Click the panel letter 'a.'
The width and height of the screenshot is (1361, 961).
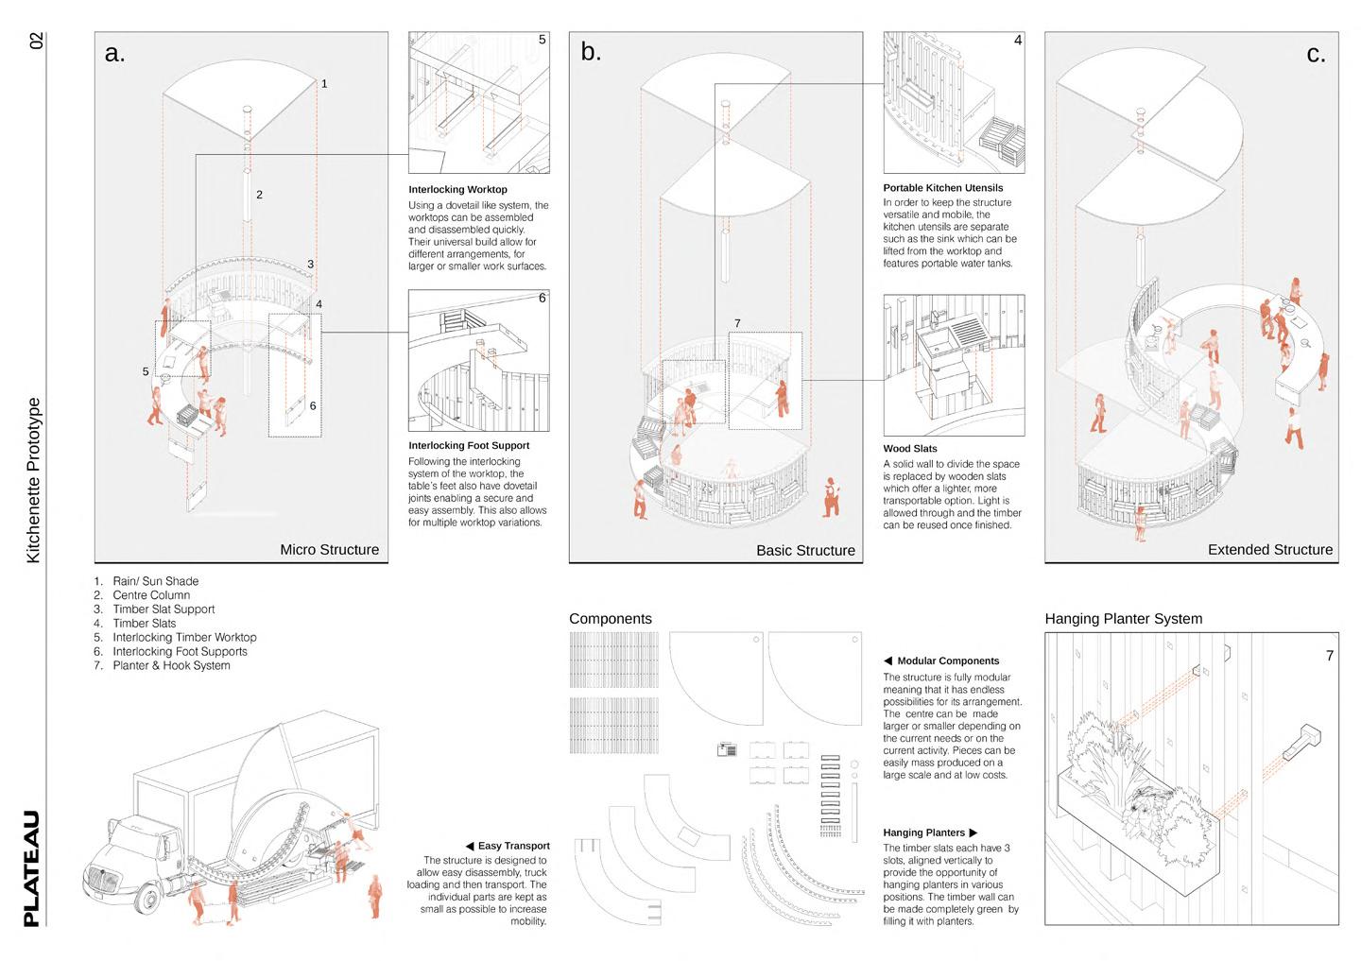pyautogui.click(x=114, y=54)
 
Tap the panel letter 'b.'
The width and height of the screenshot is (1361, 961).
pyautogui.click(x=591, y=52)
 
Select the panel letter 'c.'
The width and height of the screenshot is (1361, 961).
pyautogui.click(x=1316, y=54)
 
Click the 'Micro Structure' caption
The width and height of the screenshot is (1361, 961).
pyautogui.click(x=329, y=550)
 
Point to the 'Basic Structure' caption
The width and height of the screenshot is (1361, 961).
pyautogui.click(x=805, y=550)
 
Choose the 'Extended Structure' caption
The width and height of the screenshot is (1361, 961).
pyautogui.click(x=1269, y=550)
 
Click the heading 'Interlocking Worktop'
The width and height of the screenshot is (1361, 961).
pyautogui.click(x=457, y=190)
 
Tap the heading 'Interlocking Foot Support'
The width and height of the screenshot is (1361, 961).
pyautogui.click(x=469, y=446)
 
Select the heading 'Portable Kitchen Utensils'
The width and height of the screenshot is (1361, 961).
pyautogui.click(x=942, y=188)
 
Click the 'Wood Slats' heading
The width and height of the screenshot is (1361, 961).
pyautogui.click(x=910, y=449)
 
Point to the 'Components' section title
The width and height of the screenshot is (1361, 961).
pyautogui.click(x=611, y=619)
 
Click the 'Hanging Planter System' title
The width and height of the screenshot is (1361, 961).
pyautogui.click(x=1123, y=619)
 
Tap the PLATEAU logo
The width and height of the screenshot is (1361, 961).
pyautogui.click(x=32, y=867)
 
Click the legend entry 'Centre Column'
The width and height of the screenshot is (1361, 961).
pyautogui.click(x=151, y=595)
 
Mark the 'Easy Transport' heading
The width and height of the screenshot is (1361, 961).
pyautogui.click(x=513, y=846)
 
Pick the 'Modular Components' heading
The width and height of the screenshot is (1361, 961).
pyautogui.click(x=947, y=661)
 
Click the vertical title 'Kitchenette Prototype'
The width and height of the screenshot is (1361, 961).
pyautogui.click(x=33, y=480)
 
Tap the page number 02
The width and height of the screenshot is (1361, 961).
pyautogui.click(x=36, y=41)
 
